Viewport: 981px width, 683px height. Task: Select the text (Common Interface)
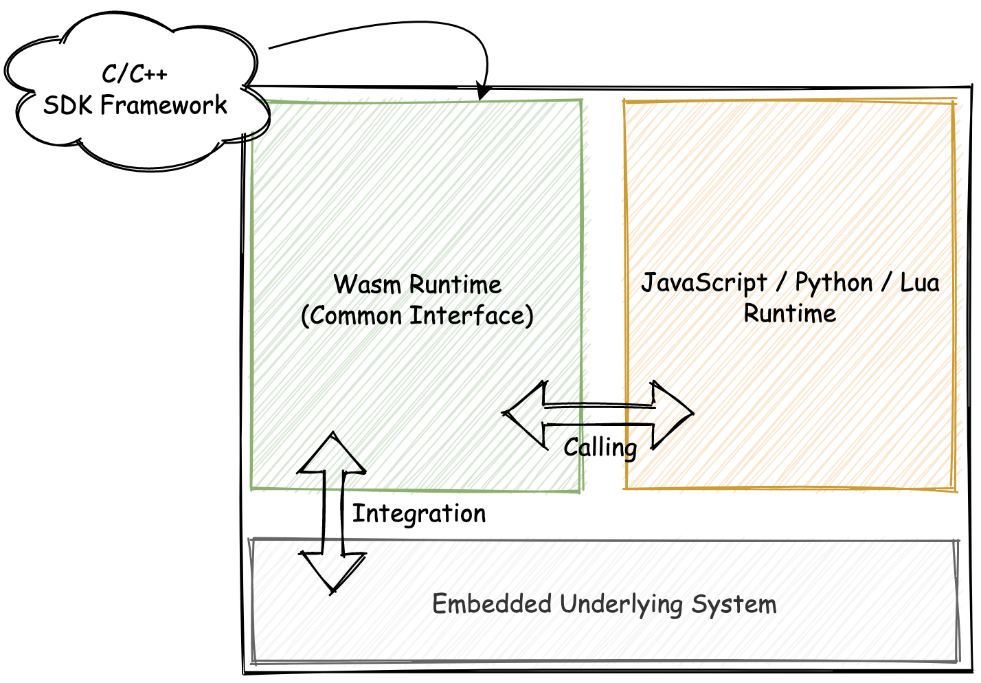tap(417, 316)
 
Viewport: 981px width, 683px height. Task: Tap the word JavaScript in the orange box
tap(704, 282)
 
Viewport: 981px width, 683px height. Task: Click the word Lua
tap(920, 282)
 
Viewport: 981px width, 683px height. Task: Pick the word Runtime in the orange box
tap(790, 313)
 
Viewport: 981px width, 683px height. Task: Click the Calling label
tap(600, 447)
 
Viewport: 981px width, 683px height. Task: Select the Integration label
tap(419, 513)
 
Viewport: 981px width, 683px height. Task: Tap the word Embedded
tap(492, 604)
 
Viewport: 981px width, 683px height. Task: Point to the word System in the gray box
tap(734, 604)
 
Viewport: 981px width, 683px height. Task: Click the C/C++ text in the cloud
tap(135, 74)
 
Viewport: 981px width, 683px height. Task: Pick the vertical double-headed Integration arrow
tap(332, 512)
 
